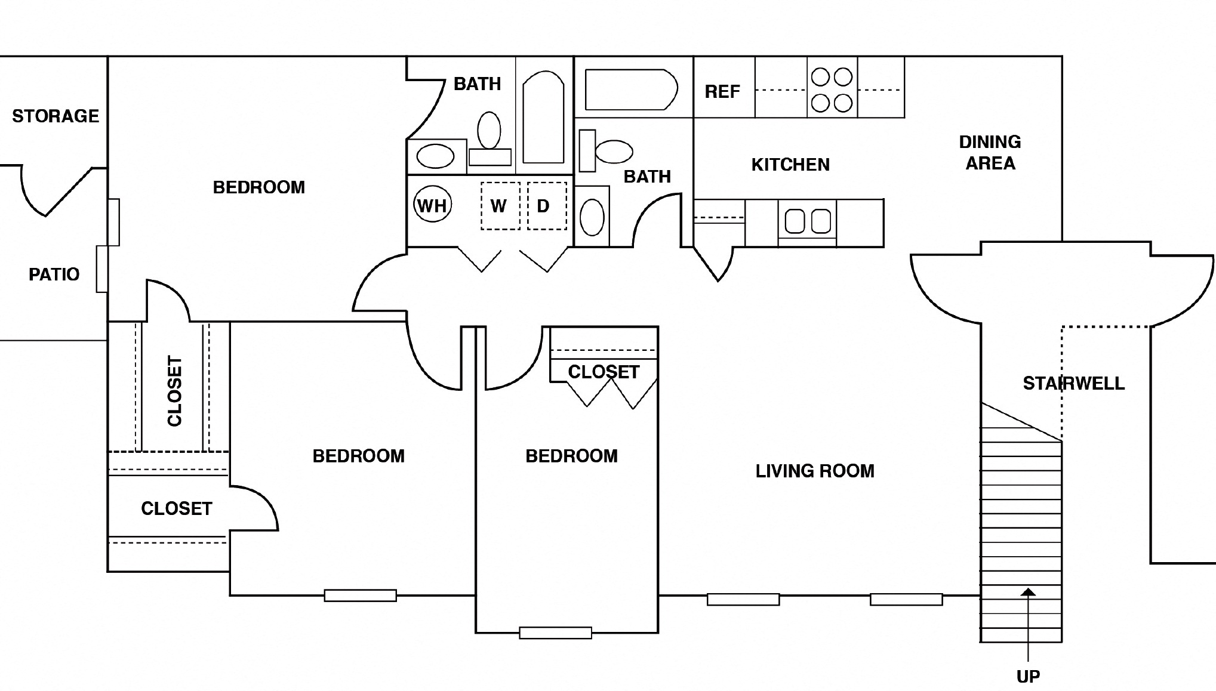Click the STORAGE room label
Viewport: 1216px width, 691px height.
click(56, 116)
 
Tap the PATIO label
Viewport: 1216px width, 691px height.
click(54, 274)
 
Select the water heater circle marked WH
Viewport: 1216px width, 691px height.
click(432, 205)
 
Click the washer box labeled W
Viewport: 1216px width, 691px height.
click(500, 206)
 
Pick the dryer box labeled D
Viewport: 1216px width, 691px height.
click(546, 206)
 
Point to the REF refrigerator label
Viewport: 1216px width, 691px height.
click(722, 92)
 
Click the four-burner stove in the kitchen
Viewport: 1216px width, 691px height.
click(832, 90)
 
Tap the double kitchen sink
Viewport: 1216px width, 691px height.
click(807, 221)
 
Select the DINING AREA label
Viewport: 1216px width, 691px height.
click(990, 153)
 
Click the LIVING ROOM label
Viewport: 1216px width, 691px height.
click(815, 471)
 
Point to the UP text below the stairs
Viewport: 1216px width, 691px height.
click(1028, 676)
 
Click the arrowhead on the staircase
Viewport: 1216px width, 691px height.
click(1028, 592)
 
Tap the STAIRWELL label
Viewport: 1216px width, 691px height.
click(1073, 383)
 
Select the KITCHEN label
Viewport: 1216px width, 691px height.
click(790, 165)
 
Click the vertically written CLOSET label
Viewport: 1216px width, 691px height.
click(174, 391)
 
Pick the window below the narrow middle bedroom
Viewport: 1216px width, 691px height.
click(555, 633)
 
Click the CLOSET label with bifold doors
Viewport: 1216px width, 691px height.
click(604, 372)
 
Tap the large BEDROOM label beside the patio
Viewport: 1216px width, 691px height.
click(258, 187)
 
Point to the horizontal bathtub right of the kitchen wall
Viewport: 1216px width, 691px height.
click(631, 90)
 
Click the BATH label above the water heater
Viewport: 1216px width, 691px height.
click(477, 84)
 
